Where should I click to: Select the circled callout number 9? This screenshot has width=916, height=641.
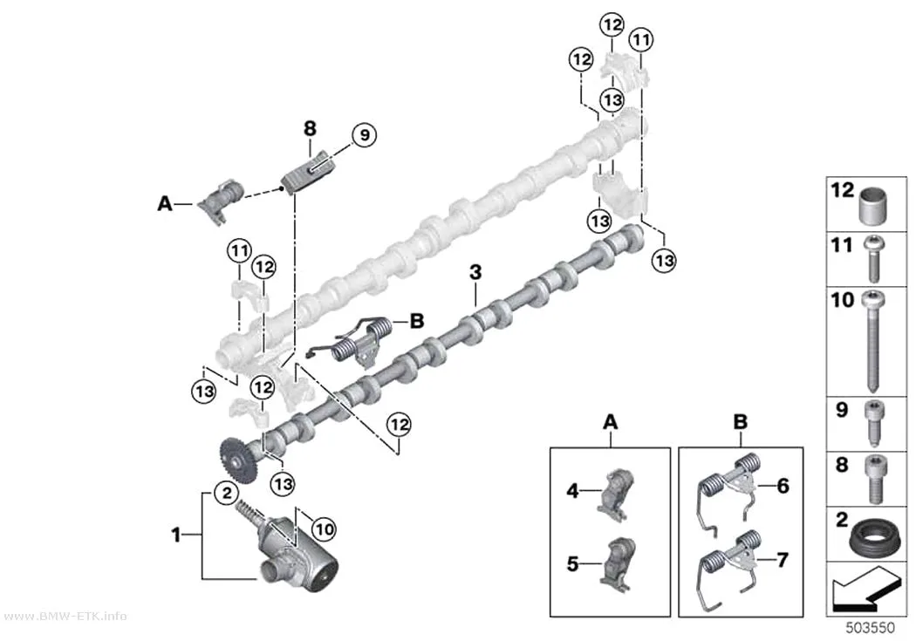click(x=365, y=135)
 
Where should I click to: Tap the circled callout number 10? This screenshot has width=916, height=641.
click(x=325, y=528)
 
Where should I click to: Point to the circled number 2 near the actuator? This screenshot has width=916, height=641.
click(x=227, y=494)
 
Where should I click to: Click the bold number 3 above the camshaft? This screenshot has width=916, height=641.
click(x=476, y=272)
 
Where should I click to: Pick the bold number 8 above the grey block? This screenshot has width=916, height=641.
click(x=310, y=128)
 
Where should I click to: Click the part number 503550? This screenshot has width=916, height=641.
click(x=871, y=628)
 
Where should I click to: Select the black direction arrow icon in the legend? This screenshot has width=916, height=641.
click(x=865, y=590)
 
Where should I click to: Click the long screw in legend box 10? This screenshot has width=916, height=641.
click(x=873, y=341)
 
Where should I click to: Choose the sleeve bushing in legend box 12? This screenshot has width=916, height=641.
click(x=874, y=206)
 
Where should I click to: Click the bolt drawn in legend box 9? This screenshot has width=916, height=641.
click(x=873, y=423)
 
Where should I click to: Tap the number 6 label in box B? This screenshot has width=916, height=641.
click(x=783, y=486)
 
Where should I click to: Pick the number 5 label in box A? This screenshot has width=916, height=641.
click(x=572, y=564)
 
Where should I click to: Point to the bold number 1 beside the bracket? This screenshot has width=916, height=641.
click(x=176, y=534)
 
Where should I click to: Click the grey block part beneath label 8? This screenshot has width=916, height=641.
click(x=309, y=170)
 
